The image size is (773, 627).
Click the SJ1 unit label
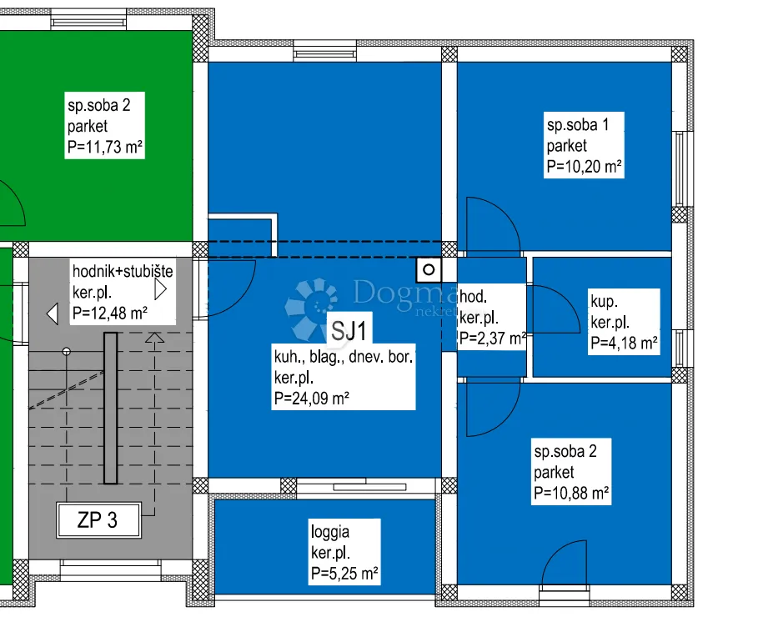pyautogui.click(x=349, y=331)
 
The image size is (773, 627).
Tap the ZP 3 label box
pyautogui.click(x=98, y=520)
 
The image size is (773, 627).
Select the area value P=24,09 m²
pyautogui.click(x=312, y=399)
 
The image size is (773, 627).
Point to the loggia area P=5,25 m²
pyautogui.click(x=344, y=574)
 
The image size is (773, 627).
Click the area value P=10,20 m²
pyautogui.click(x=584, y=167)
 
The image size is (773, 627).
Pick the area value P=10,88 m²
pyautogui.click(x=571, y=493)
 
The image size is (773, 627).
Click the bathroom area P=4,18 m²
pyautogui.click(x=624, y=343)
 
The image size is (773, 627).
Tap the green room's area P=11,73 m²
pyautogui.click(x=104, y=147)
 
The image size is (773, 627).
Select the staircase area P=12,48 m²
pyautogui.click(x=109, y=313)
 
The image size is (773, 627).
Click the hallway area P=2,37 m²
pyautogui.click(x=493, y=339)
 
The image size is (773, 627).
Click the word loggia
pyautogui.click(x=330, y=532)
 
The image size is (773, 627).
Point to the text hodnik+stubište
pyautogui.click(x=123, y=271)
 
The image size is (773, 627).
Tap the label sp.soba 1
pyautogui.click(x=578, y=125)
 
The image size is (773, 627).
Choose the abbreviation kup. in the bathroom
pyautogui.click(x=604, y=301)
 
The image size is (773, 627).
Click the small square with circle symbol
pyautogui.click(x=429, y=269)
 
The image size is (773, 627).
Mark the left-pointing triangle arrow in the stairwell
pyautogui.click(x=53, y=313)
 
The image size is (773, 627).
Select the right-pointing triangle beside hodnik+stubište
pyautogui.click(x=161, y=289)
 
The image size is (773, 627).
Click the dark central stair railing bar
pyautogui.click(x=110, y=409)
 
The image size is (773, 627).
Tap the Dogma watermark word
pyautogui.click(x=405, y=293)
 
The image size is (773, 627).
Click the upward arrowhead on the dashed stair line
pyautogui.click(x=155, y=338)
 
